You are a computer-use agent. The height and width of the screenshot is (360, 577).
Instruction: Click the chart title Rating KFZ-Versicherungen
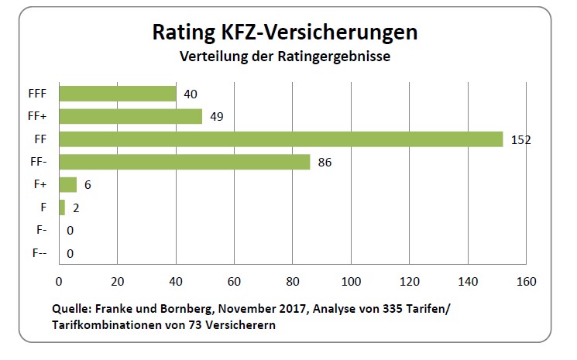285,33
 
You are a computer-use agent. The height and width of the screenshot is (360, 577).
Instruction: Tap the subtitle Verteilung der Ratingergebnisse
285,57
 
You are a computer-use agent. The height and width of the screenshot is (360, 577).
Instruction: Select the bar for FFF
118,94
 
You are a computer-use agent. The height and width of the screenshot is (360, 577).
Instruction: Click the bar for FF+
130,116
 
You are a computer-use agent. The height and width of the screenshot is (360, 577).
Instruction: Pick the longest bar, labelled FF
280,139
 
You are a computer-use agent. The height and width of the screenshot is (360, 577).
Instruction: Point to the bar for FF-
184,162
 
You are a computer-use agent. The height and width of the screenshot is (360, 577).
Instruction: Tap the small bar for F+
67,184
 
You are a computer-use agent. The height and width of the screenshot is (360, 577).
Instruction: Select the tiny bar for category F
62,207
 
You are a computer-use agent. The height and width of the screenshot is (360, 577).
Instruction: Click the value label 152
520,140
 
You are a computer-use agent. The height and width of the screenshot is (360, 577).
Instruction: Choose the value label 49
217,117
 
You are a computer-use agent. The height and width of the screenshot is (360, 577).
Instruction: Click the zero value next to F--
70,253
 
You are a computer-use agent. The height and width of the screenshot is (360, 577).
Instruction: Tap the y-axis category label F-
42,231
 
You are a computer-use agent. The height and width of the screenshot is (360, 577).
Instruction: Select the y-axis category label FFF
36,94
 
